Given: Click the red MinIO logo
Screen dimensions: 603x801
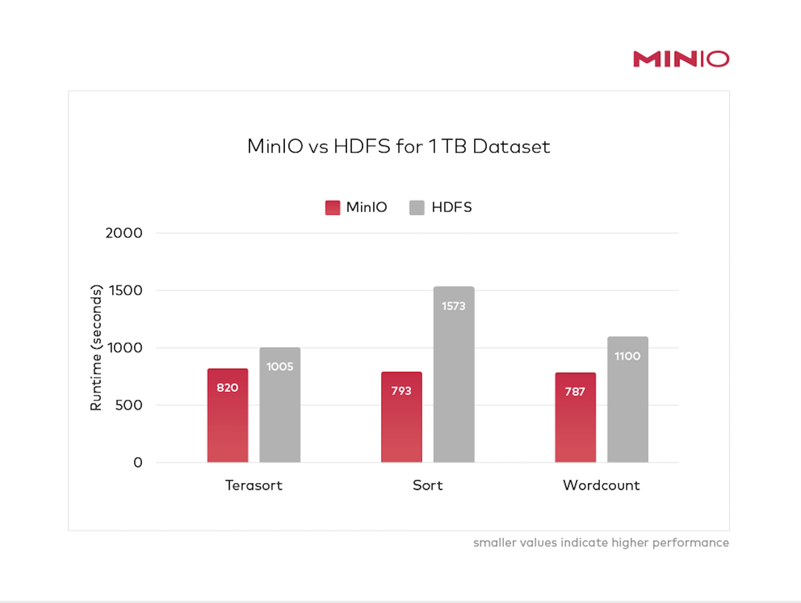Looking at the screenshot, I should click(x=681, y=59).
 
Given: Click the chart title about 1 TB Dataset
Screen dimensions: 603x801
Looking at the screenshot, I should click(x=398, y=147).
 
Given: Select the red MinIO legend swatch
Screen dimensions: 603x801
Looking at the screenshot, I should click(x=332, y=207).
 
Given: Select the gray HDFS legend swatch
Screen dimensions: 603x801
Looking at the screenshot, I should click(x=417, y=207).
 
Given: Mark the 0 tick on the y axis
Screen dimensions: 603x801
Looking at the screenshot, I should click(x=138, y=462).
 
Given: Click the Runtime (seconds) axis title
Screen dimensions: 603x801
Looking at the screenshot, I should click(x=97, y=348).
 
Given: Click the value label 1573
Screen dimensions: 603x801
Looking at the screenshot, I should click(x=453, y=307).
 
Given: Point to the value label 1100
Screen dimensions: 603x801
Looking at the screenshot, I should click(x=627, y=356).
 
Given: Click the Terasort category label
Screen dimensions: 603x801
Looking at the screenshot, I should click(x=254, y=486).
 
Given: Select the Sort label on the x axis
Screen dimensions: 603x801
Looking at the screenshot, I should click(x=427, y=486).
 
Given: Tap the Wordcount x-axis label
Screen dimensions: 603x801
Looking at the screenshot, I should click(x=601, y=486).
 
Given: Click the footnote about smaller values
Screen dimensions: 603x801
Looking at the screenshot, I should click(x=601, y=543).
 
